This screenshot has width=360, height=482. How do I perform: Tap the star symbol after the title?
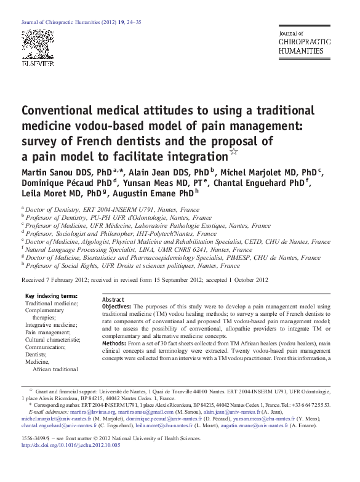[233, 152]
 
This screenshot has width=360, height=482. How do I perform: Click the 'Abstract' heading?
[114, 299]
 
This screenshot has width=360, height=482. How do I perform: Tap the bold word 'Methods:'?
[114, 343]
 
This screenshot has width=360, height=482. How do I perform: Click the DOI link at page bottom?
[71, 444]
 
